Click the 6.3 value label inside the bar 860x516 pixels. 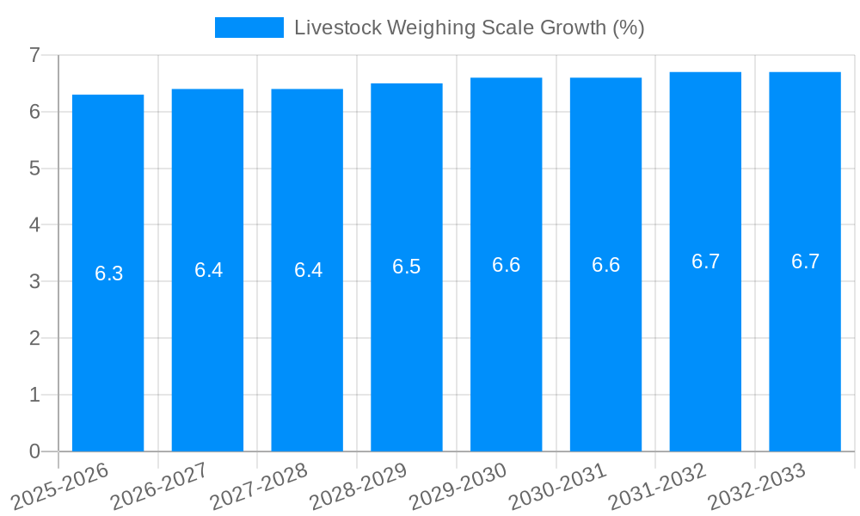[x=109, y=273]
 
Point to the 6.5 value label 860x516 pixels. [x=407, y=267]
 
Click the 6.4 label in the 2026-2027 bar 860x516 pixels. [x=208, y=270]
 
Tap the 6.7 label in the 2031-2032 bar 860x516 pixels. [x=705, y=261]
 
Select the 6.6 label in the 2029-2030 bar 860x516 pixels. [x=506, y=265]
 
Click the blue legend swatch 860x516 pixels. [x=249, y=28]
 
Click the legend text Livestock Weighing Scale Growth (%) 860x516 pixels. [x=469, y=28]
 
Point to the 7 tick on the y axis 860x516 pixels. [x=34, y=55]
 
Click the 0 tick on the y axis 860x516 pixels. [x=34, y=451]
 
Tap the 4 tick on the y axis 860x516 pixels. [x=34, y=224]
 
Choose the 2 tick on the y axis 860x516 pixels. [x=34, y=338]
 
